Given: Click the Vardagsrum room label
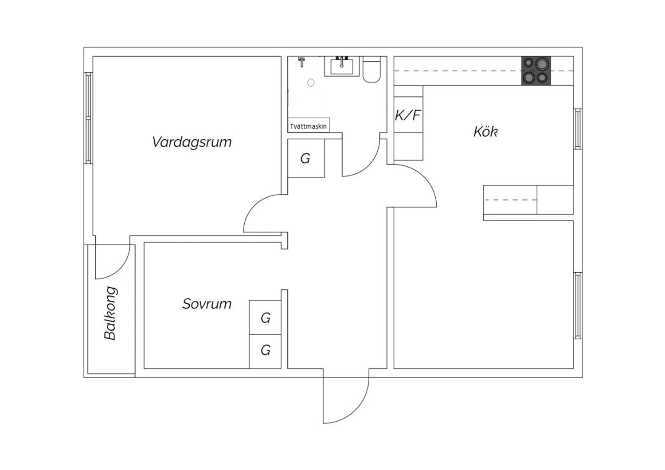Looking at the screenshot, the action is [192, 142].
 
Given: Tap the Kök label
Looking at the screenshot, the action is [486, 132].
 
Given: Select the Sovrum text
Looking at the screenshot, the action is [207, 304].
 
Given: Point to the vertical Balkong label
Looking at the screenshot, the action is [110, 313].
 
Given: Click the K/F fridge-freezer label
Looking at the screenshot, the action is [408, 115].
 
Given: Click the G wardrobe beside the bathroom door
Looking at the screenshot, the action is [306, 159].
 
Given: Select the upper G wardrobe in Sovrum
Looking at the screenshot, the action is [265, 317].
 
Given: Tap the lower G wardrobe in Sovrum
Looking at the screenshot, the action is [265, 352].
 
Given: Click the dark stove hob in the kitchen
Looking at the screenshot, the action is [536, 70].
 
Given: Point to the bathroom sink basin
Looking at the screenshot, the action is [341, 67].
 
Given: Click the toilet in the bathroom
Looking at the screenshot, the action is [372, 70].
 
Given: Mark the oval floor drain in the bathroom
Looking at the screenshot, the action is [311, 83].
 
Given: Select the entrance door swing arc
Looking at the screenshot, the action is [356, 410].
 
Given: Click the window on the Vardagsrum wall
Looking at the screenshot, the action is [88, 118].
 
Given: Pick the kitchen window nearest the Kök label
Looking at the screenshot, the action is [578, 129].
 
